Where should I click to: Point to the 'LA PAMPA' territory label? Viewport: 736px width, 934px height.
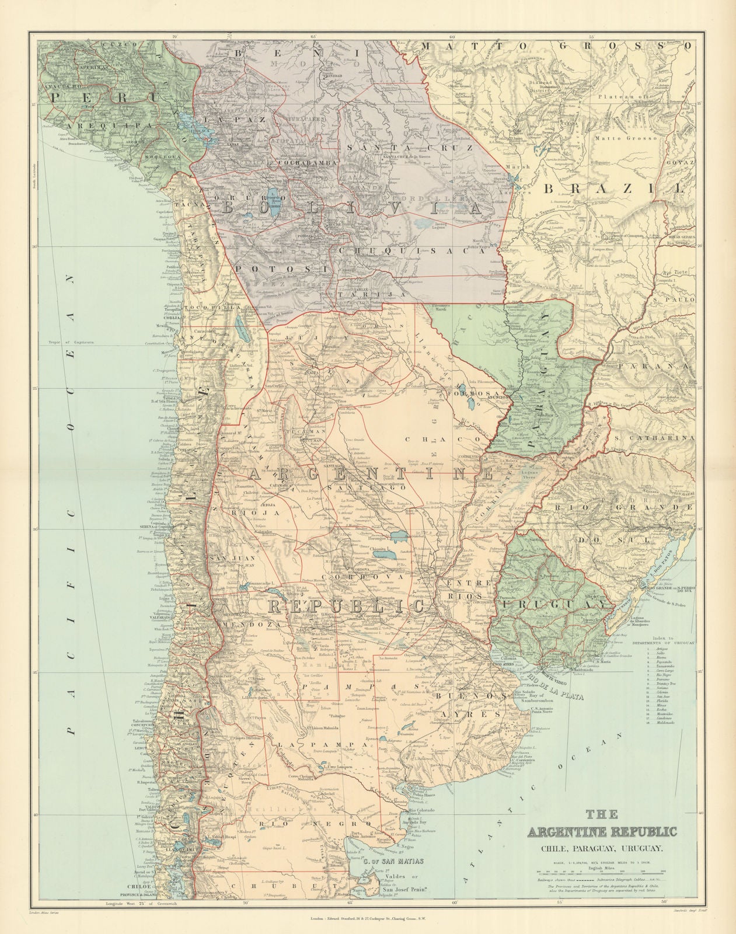pos(305,745)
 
